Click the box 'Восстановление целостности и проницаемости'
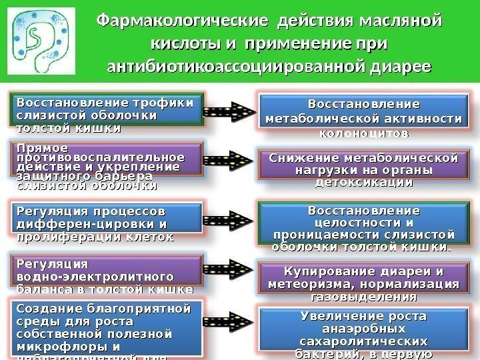pyautogui.click(x=363, y=227)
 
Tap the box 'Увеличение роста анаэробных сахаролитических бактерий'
pyautogui.click(x=363, y=333)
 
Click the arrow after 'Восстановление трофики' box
pyautogui.click(x=230, y=114)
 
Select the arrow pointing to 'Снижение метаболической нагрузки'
pyautogui.click(x=230, y=163)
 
